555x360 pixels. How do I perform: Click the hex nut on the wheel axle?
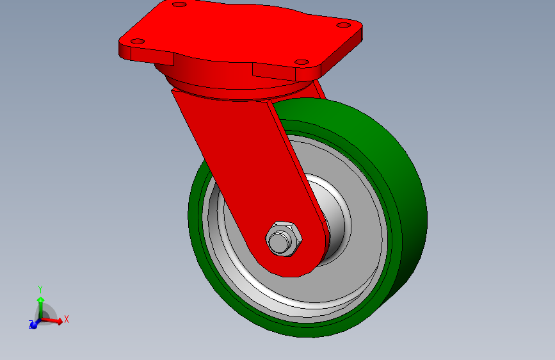pyautogui.click(x=284, y=239)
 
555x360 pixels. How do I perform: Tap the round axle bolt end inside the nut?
pyautogui.click(x=280, y=241)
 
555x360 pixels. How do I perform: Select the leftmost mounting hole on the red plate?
pyautogui.click(x=138, y=42)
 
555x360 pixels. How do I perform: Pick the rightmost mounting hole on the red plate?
pyautogui.click(x=343, y=25)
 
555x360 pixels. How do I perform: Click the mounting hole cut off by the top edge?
pyautogui.click(x=179, y=4)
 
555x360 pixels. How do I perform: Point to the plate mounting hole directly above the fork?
pyautogui.click(x=302, y=62)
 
